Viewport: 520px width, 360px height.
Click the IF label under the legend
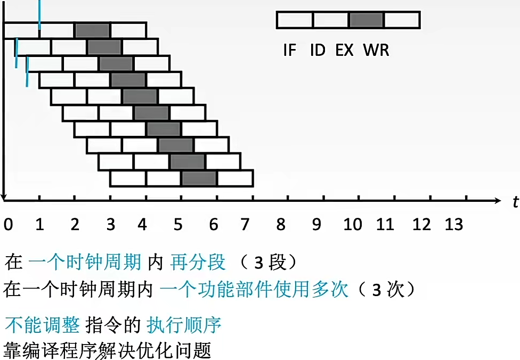289,51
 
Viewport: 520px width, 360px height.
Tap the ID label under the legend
318,51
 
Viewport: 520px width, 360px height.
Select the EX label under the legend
344,51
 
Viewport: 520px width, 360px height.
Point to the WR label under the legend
376,51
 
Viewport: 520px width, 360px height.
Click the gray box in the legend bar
367,20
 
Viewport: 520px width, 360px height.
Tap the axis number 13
454,225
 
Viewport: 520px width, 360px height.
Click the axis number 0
8,225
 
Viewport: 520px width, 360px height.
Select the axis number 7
245,225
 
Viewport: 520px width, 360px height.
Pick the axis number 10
352,225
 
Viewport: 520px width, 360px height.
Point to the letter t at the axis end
515,202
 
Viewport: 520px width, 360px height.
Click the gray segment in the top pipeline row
92,30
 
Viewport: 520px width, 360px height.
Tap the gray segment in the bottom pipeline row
199,178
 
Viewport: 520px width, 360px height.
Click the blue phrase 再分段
198,263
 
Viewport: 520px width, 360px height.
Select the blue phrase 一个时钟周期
85,263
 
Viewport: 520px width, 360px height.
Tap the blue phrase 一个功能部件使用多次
254,290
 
